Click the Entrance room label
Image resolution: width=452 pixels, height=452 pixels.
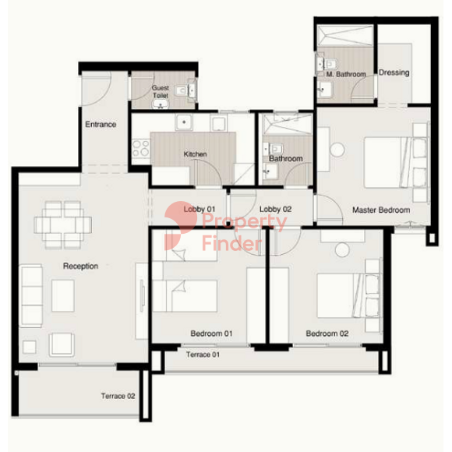point(101,125)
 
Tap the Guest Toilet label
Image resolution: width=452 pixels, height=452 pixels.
point(161,91)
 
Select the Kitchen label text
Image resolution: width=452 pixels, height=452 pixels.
point(195,154)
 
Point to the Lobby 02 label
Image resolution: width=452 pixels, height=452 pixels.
point(276,210)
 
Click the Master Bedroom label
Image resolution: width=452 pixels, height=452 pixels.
point(381,210)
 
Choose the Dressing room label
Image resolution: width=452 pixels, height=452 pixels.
point(394,72)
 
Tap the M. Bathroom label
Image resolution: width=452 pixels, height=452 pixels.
point(346,74)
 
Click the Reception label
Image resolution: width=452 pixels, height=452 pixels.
point(81,266)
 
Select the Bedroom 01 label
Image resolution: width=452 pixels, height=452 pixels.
point(211,334)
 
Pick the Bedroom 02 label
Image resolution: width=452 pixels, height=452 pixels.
point(327,334)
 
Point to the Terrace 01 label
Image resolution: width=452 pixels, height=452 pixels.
point(203,355)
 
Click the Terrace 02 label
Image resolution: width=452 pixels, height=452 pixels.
point(118,396)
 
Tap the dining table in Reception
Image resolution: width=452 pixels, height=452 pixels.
point(63,225)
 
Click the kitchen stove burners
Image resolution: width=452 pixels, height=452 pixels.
point(141,148)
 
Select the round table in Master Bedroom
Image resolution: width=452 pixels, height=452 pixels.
point(337,150)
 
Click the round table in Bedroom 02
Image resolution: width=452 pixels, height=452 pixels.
point(342,249)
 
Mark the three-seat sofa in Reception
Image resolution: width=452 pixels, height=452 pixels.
point(31,296)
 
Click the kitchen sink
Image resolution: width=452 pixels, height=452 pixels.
point(184,122)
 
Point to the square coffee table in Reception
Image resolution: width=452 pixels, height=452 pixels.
point(63,296)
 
